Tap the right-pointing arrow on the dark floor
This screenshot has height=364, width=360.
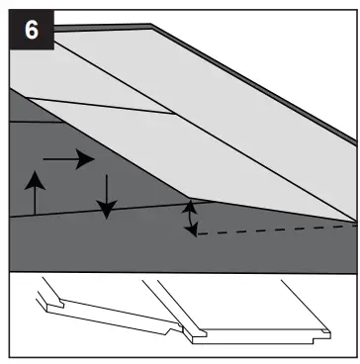click(69, 157)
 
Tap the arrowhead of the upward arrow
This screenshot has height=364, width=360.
click(36, 176)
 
